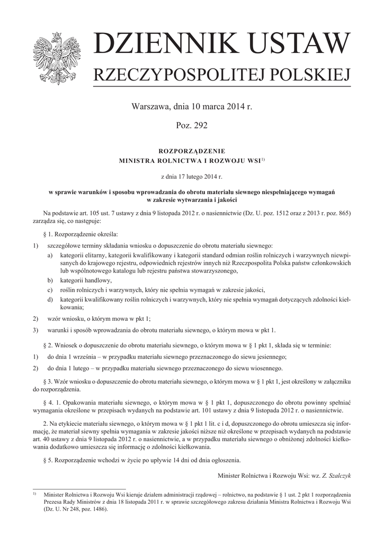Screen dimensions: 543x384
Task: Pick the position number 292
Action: (200, 126)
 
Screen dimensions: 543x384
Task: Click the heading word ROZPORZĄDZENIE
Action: (192, 151)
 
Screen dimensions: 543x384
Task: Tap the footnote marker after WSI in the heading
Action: (262, 159)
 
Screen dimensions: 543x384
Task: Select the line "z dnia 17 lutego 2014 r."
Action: (192, 175)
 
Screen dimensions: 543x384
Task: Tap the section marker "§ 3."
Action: (49, 382)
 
